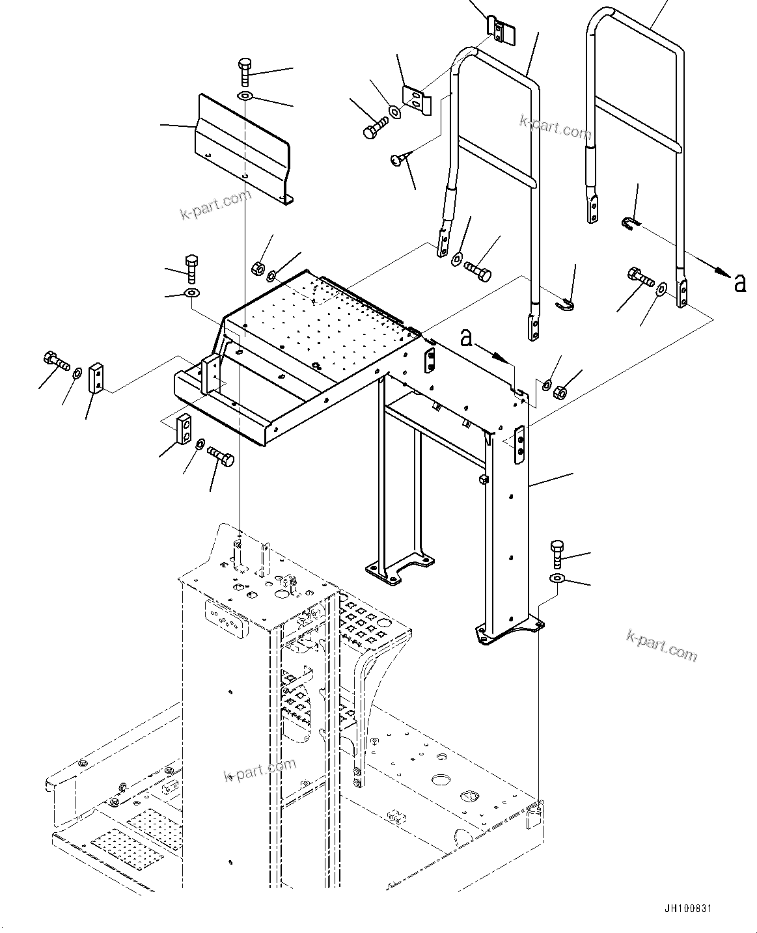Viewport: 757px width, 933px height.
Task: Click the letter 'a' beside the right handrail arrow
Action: click(x=739, y=283)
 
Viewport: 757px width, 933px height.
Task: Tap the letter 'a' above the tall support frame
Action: click(x=466, y=338)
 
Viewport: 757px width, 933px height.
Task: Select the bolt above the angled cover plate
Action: click(x=245, y=71)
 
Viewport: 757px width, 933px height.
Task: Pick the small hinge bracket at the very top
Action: click(x=501, y=32)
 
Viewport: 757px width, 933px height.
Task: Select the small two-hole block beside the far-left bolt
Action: click(x=96, y=379)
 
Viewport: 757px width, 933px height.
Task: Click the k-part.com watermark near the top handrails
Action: click(x=555, y=128)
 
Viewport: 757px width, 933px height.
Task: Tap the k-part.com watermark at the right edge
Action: click(x=661, y=645)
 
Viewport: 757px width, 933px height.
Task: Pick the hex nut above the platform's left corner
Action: click(x=257, y=267)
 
